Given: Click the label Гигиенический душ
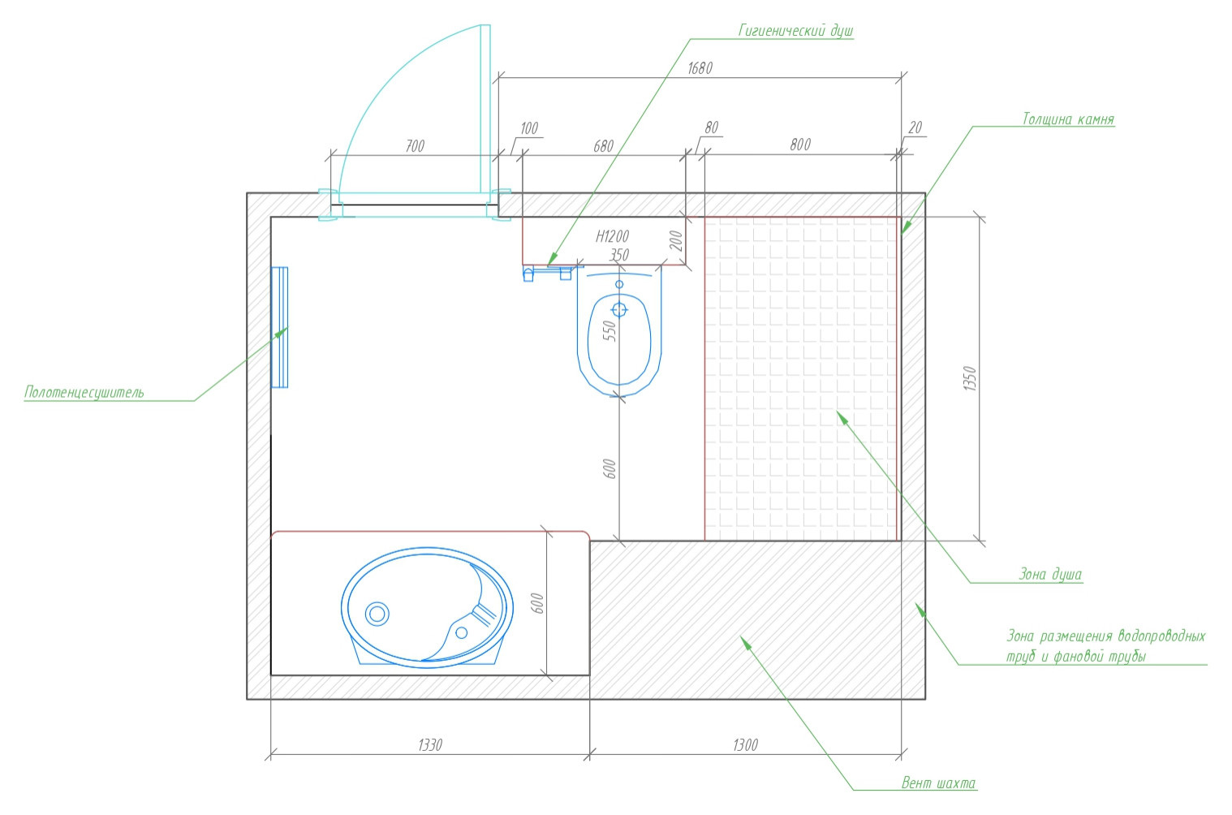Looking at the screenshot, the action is (x=795, y=30).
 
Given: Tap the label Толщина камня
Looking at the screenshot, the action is (x=1068, y=119).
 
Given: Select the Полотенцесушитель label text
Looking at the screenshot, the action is (x=84, y=392).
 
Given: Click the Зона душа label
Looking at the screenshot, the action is (x=1050, y=575).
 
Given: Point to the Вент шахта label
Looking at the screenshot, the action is (x=939, y=783).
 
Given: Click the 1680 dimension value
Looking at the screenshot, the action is (x=700, y=68).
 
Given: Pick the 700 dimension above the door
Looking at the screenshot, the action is (x=416, y=146).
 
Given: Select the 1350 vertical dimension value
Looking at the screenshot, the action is (x=970, y=378).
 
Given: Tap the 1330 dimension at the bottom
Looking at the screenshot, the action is (x=430, y=745).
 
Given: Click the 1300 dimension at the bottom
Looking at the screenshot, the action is (x=745, y=745).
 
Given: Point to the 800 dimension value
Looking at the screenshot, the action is (x=800, y=144).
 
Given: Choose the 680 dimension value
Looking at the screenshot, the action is (x=603, y=146).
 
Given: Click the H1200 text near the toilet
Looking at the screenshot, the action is (x=612, y=236).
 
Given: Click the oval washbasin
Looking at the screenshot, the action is (x=428, y=608).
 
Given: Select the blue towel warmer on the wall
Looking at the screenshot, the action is (x=279, y=328).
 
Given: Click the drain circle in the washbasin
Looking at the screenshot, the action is (x=377, y=613).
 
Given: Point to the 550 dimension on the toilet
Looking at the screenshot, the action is (x=610, y=331).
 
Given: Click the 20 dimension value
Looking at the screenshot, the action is (x=915, y=127).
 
